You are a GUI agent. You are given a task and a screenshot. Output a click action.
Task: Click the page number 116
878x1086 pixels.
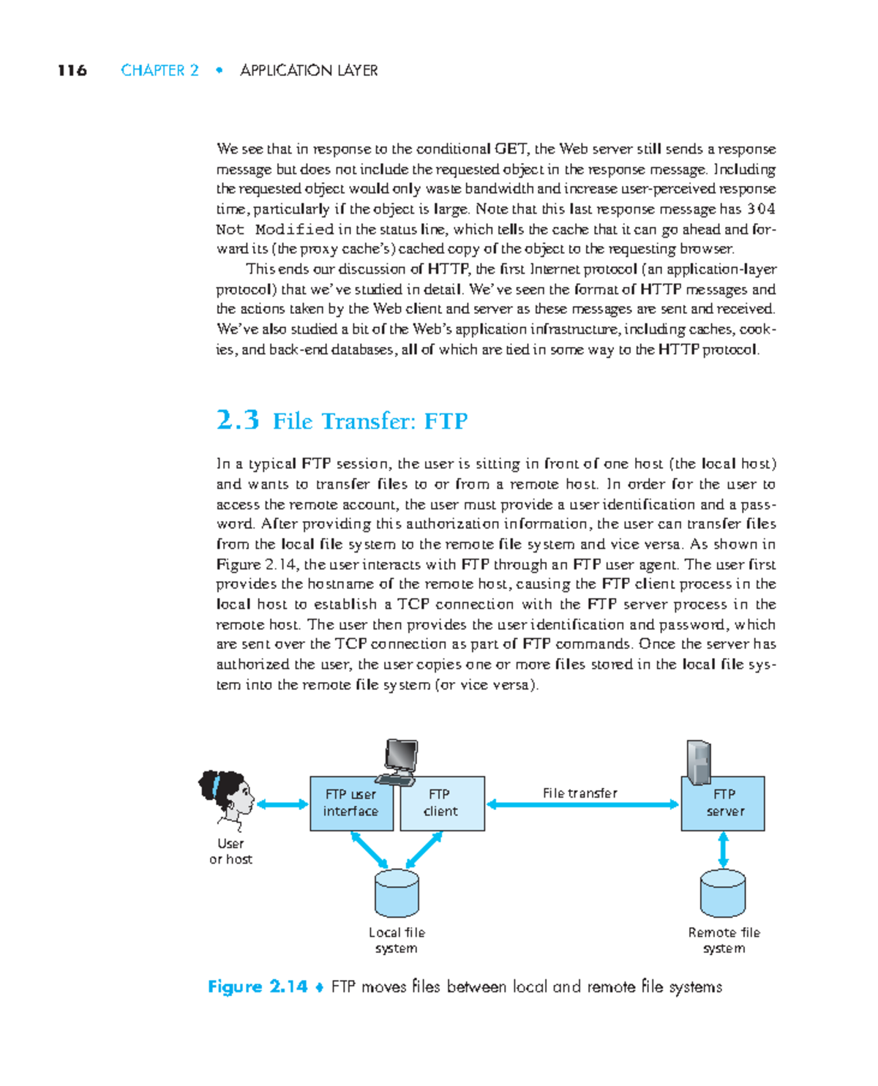72,70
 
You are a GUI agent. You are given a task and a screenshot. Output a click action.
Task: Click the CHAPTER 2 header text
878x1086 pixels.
160,70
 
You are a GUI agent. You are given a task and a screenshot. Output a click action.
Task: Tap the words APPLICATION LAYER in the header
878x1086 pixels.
309,70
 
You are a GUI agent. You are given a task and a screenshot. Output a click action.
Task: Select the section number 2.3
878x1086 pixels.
238,420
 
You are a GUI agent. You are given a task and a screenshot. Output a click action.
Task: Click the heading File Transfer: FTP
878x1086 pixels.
370,422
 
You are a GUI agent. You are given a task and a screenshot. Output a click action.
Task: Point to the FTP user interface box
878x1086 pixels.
351,804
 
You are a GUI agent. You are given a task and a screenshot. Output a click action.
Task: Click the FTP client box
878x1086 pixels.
442,804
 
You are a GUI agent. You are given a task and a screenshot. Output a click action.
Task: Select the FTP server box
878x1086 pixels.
723,804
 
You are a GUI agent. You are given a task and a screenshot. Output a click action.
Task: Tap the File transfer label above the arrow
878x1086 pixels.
580,793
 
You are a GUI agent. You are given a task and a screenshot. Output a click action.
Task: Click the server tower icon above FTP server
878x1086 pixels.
698,761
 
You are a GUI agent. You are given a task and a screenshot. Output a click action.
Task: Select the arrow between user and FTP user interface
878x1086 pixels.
282,805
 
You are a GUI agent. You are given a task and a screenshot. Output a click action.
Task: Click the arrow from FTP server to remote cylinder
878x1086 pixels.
723,850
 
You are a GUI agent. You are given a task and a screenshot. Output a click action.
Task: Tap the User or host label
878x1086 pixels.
230,852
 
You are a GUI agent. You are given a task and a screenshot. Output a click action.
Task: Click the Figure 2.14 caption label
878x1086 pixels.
258,987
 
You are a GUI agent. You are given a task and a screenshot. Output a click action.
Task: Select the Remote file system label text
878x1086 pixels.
724,940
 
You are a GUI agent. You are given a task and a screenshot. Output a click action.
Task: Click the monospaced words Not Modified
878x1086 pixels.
275,229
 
